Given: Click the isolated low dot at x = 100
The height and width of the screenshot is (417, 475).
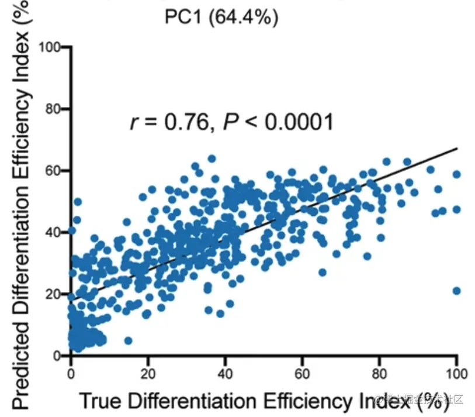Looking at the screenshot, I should (457, 291).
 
